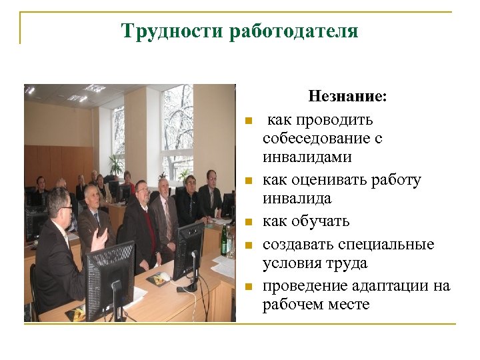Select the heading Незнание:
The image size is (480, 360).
pyautogui.click(x=347, y=97)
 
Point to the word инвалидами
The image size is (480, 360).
pyautogui.click(x=307, y=157)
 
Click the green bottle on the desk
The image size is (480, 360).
pyautogui.click(x=224, y=239)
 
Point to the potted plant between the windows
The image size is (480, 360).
pyautogui.click(x=116, y=163)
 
